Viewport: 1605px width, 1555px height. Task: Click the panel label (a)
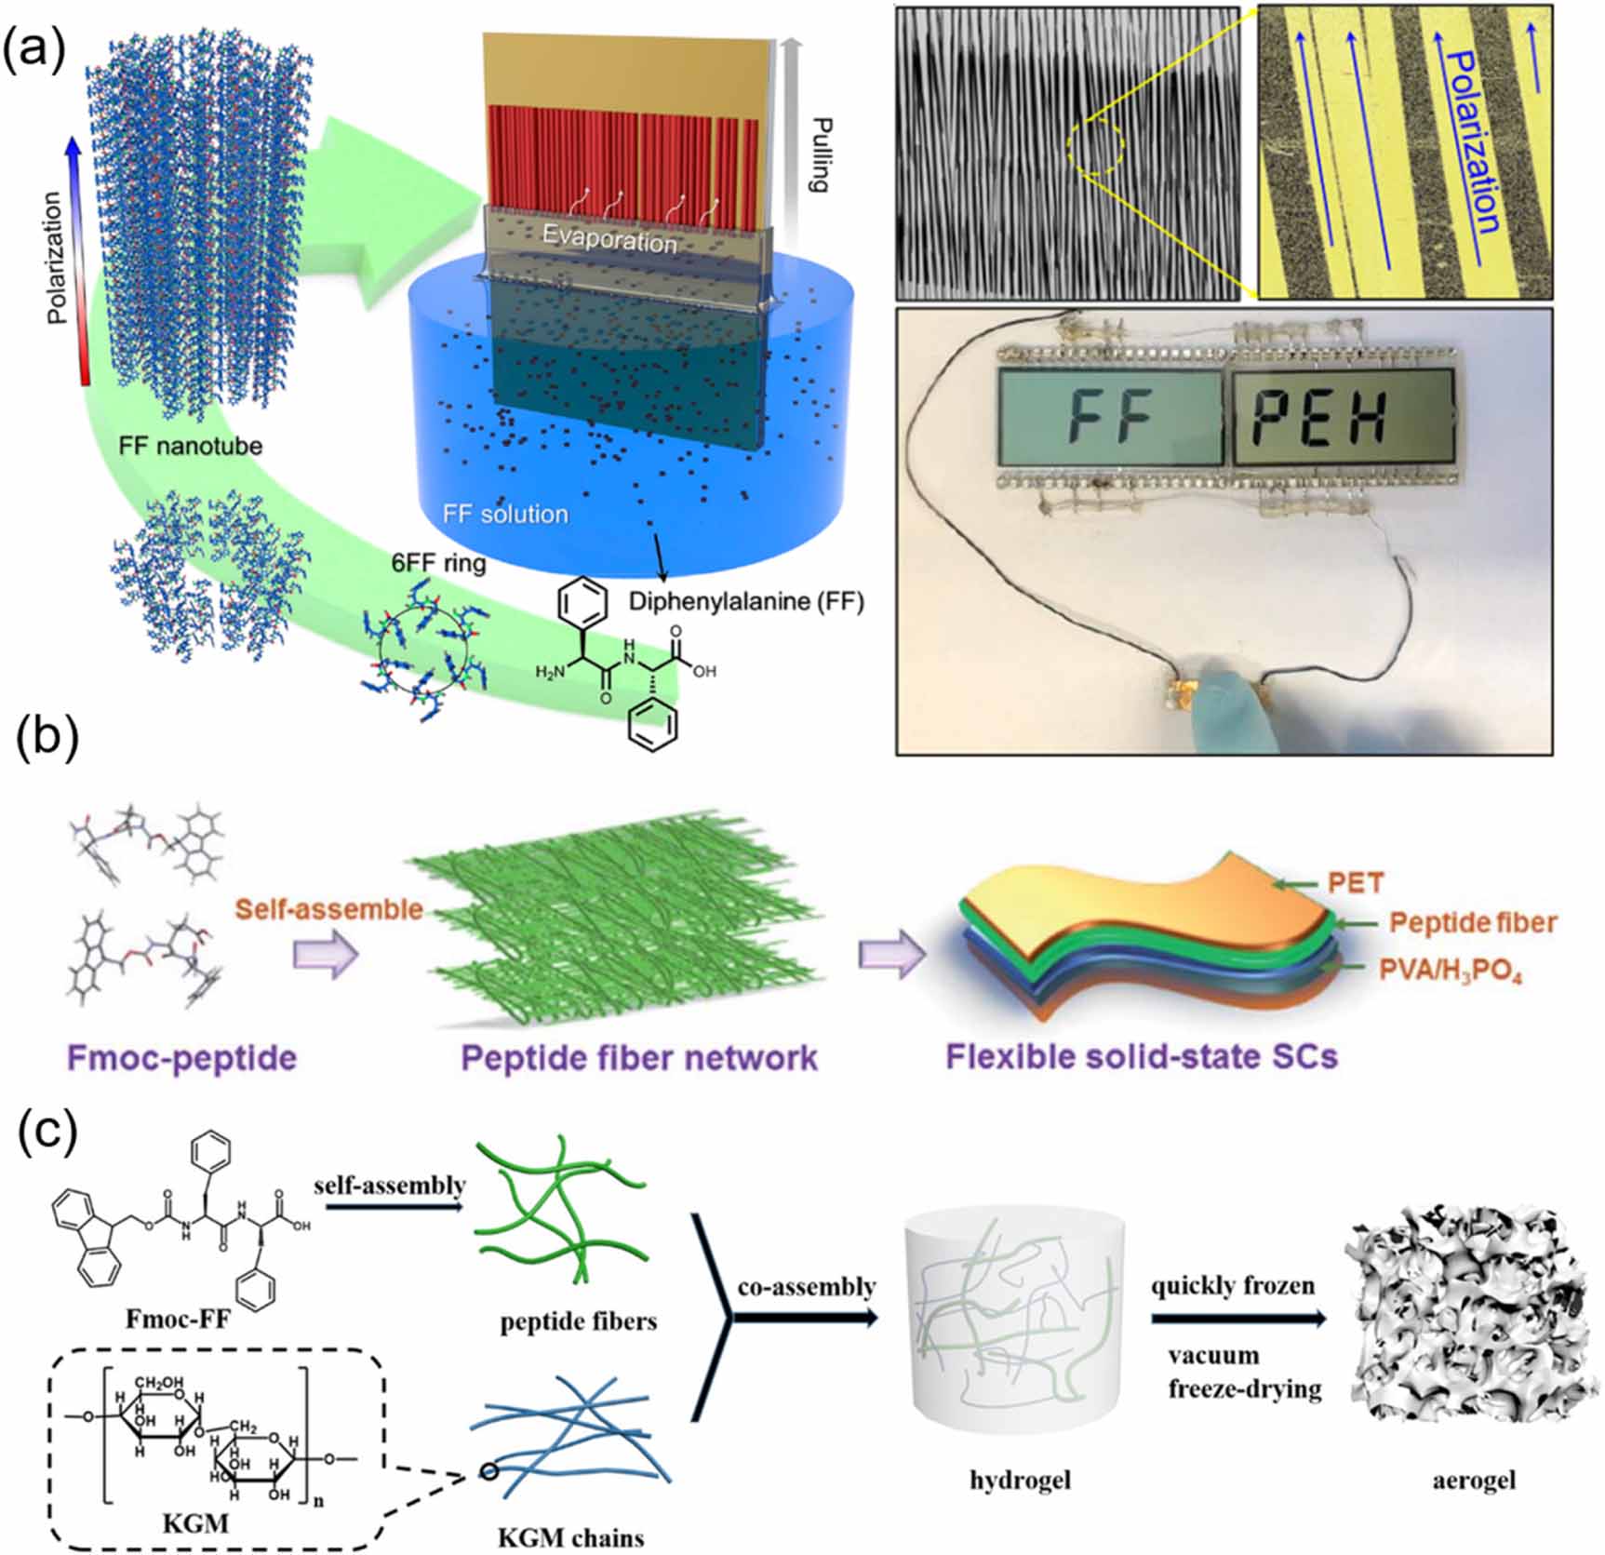(34, 48)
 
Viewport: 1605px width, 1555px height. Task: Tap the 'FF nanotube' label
(190, 446)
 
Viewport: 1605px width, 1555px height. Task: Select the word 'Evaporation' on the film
(609, 240)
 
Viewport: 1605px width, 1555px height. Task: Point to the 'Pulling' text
(818, 155)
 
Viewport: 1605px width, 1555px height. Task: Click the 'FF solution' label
(505, 514)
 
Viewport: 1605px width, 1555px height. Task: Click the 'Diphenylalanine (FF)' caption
(746, 601)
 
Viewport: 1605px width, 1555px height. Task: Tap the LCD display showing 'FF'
(1111, 416)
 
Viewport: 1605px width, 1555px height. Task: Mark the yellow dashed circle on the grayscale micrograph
(1096, 146)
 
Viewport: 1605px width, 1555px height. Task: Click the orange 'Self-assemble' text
(329, 908)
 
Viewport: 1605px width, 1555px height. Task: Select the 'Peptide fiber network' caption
(639, 1058)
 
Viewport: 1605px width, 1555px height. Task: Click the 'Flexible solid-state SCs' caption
(1142, 1056)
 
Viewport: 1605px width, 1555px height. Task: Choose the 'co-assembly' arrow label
(807, 1286)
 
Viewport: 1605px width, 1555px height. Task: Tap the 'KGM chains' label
(571, 1537)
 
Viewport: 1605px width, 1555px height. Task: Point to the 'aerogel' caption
(1474, 1479)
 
